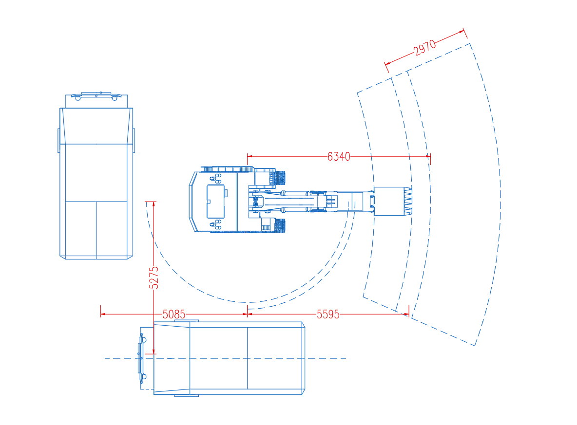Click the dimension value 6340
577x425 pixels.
pos(339,157)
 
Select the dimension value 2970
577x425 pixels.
pos(424,48)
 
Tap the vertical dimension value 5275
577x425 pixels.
pos(154,277)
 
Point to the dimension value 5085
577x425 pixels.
pos(173,314)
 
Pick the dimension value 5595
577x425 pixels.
pos(328,314)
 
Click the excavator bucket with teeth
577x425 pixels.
pos(393,201)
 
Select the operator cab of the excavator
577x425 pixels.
pos(215,202)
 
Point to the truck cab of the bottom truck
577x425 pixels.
pos(147,358)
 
